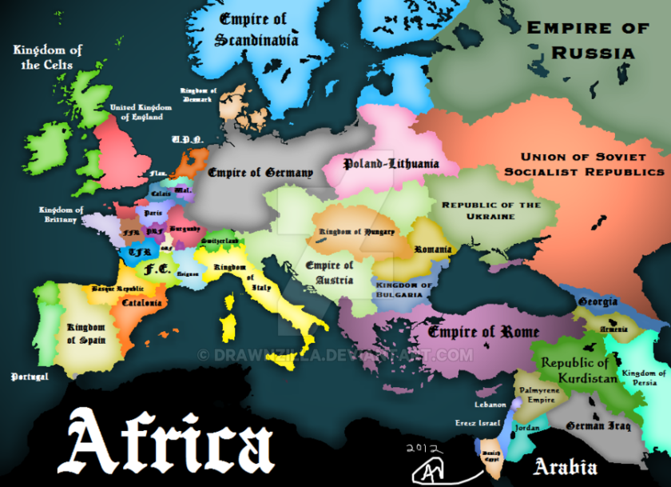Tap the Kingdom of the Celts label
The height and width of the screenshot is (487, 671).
(48, 57)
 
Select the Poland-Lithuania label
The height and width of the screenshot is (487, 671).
(391, 164)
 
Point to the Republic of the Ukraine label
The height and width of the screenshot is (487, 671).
(491, 210)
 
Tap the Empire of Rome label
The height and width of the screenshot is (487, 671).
(483, 331)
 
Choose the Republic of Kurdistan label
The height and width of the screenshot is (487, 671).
(579, 370)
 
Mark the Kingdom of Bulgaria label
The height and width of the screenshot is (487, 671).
(404, 289)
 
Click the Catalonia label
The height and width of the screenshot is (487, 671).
(142, 303)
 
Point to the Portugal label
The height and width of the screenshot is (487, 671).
(30, 376)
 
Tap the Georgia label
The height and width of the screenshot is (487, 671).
(598, 301)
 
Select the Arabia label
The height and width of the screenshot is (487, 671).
(566, 466)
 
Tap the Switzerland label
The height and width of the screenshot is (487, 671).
(220, 241)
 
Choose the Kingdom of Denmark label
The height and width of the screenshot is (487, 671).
(197, 95)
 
